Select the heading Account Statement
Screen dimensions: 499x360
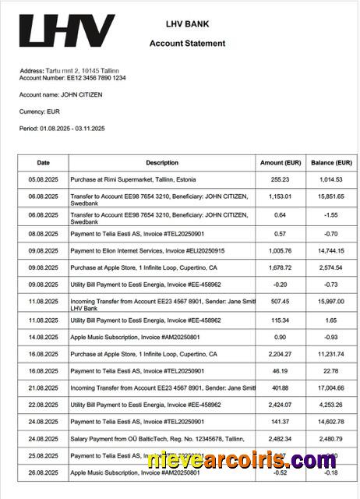pos(187,44)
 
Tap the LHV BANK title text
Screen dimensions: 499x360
pos(187,25)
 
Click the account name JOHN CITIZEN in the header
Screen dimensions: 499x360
pos(61,94)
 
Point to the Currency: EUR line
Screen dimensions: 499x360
pos(40,111)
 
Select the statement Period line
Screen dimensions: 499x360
pos(62,128)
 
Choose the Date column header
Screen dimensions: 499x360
pos(44,163)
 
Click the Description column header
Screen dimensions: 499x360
pos(162,163)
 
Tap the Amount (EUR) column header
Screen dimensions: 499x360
pos(281,163)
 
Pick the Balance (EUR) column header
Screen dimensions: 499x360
pos(332,163)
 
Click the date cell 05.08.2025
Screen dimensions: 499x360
pos(44,179)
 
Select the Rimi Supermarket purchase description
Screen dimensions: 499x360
pos(132,179)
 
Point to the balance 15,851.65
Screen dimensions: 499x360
pos(332,197)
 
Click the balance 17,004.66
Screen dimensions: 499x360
pos(332,388)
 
